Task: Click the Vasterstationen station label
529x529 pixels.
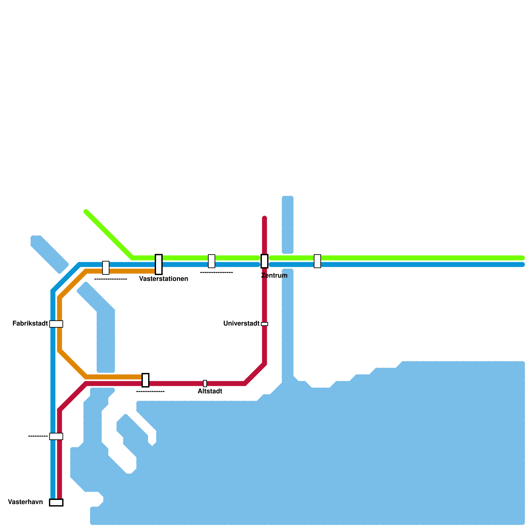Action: tap(164, 279)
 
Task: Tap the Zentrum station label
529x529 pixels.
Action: tap(274, 275)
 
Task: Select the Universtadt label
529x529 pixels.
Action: tap(241, 323)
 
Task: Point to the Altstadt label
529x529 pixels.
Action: tap(210, 391)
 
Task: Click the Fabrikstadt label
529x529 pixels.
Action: tap(30, 323)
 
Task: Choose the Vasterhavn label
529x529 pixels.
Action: tap(25, 502)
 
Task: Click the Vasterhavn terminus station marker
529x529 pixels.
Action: tap(56, 503)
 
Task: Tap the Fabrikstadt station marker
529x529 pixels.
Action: tap(56, 324)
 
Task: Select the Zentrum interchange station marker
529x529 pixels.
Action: tap(264, 261)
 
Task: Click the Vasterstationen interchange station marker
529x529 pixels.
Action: tap(159, 264)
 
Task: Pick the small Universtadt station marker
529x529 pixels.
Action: tap(264, 324)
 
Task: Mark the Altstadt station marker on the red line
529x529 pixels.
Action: tap(205, 384)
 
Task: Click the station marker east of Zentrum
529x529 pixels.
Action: tap(317, 261)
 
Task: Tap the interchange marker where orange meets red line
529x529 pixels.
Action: tap(145, 380)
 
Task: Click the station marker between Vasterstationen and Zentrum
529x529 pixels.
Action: tap(212, 261)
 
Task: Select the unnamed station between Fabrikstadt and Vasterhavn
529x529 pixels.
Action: tap(56, 436)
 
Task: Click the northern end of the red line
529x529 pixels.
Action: tap(264, 218)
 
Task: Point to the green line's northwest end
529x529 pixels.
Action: tap(86, 212)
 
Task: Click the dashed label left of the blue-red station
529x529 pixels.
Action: tap(38, 436)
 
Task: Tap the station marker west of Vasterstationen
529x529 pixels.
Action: tap(106, 268)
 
